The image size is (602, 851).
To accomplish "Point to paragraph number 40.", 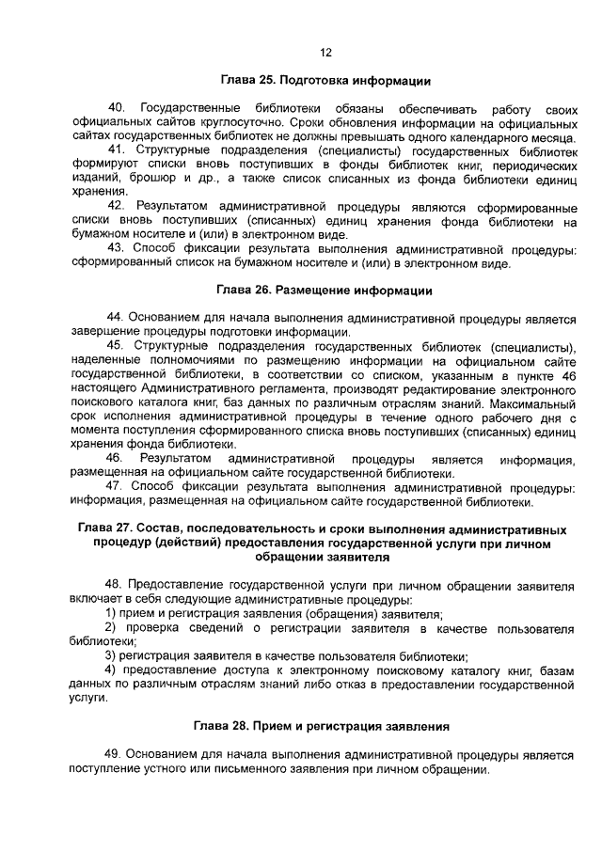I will pyautogui.click(x=117, y=110).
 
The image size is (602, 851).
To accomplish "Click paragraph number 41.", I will pyautogui.click(x=117, y=150).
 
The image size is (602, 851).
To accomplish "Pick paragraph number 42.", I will pyautogui.click(x=117, y=205).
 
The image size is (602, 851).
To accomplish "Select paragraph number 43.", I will pyautogui.click(x=117, y=248).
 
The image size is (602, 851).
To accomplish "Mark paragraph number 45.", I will pyautogui.click(x=117, y=347).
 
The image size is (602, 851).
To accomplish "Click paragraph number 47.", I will pyautogui.click(x=117, y=486).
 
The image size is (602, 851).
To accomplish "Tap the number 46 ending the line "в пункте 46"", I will pyautogui.click(x=565, y=374).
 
